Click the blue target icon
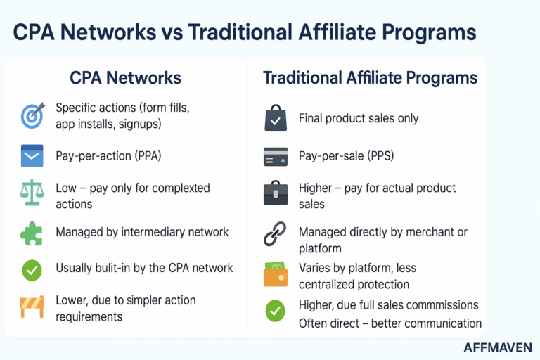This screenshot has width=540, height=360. coord(32,116)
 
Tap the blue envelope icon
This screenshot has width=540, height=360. coord(32,155)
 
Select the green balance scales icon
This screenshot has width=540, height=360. coord(32,193)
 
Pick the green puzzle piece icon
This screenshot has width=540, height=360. coord(32,233)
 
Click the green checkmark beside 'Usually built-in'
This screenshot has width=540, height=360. coord(32,269)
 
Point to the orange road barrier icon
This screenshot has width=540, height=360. coord(32,307)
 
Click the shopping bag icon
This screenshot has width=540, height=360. coord(275,118)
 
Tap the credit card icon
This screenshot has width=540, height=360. coord(275,157)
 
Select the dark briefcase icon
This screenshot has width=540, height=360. coord(275,193)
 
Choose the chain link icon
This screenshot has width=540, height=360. coord(275,233)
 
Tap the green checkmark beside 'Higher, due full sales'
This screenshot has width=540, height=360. coord(275,311)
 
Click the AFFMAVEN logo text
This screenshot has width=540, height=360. coord(498,347)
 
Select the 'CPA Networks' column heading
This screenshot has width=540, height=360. coord(125,78)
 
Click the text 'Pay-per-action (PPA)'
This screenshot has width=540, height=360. coord(108,155)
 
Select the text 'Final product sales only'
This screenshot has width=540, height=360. coord(359,118)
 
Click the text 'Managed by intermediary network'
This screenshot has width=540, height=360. coord(142,231)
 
